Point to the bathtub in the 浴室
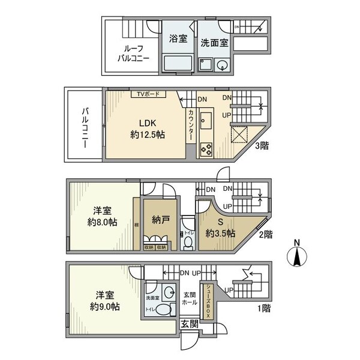pyautogui.click(x=178, y=63)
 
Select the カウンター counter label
pyautogui.click(x=191, y=125)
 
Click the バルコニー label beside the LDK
pyautogui.click(x=85, y=127)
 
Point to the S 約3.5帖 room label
pyautogui.click(x=220, y=227)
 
